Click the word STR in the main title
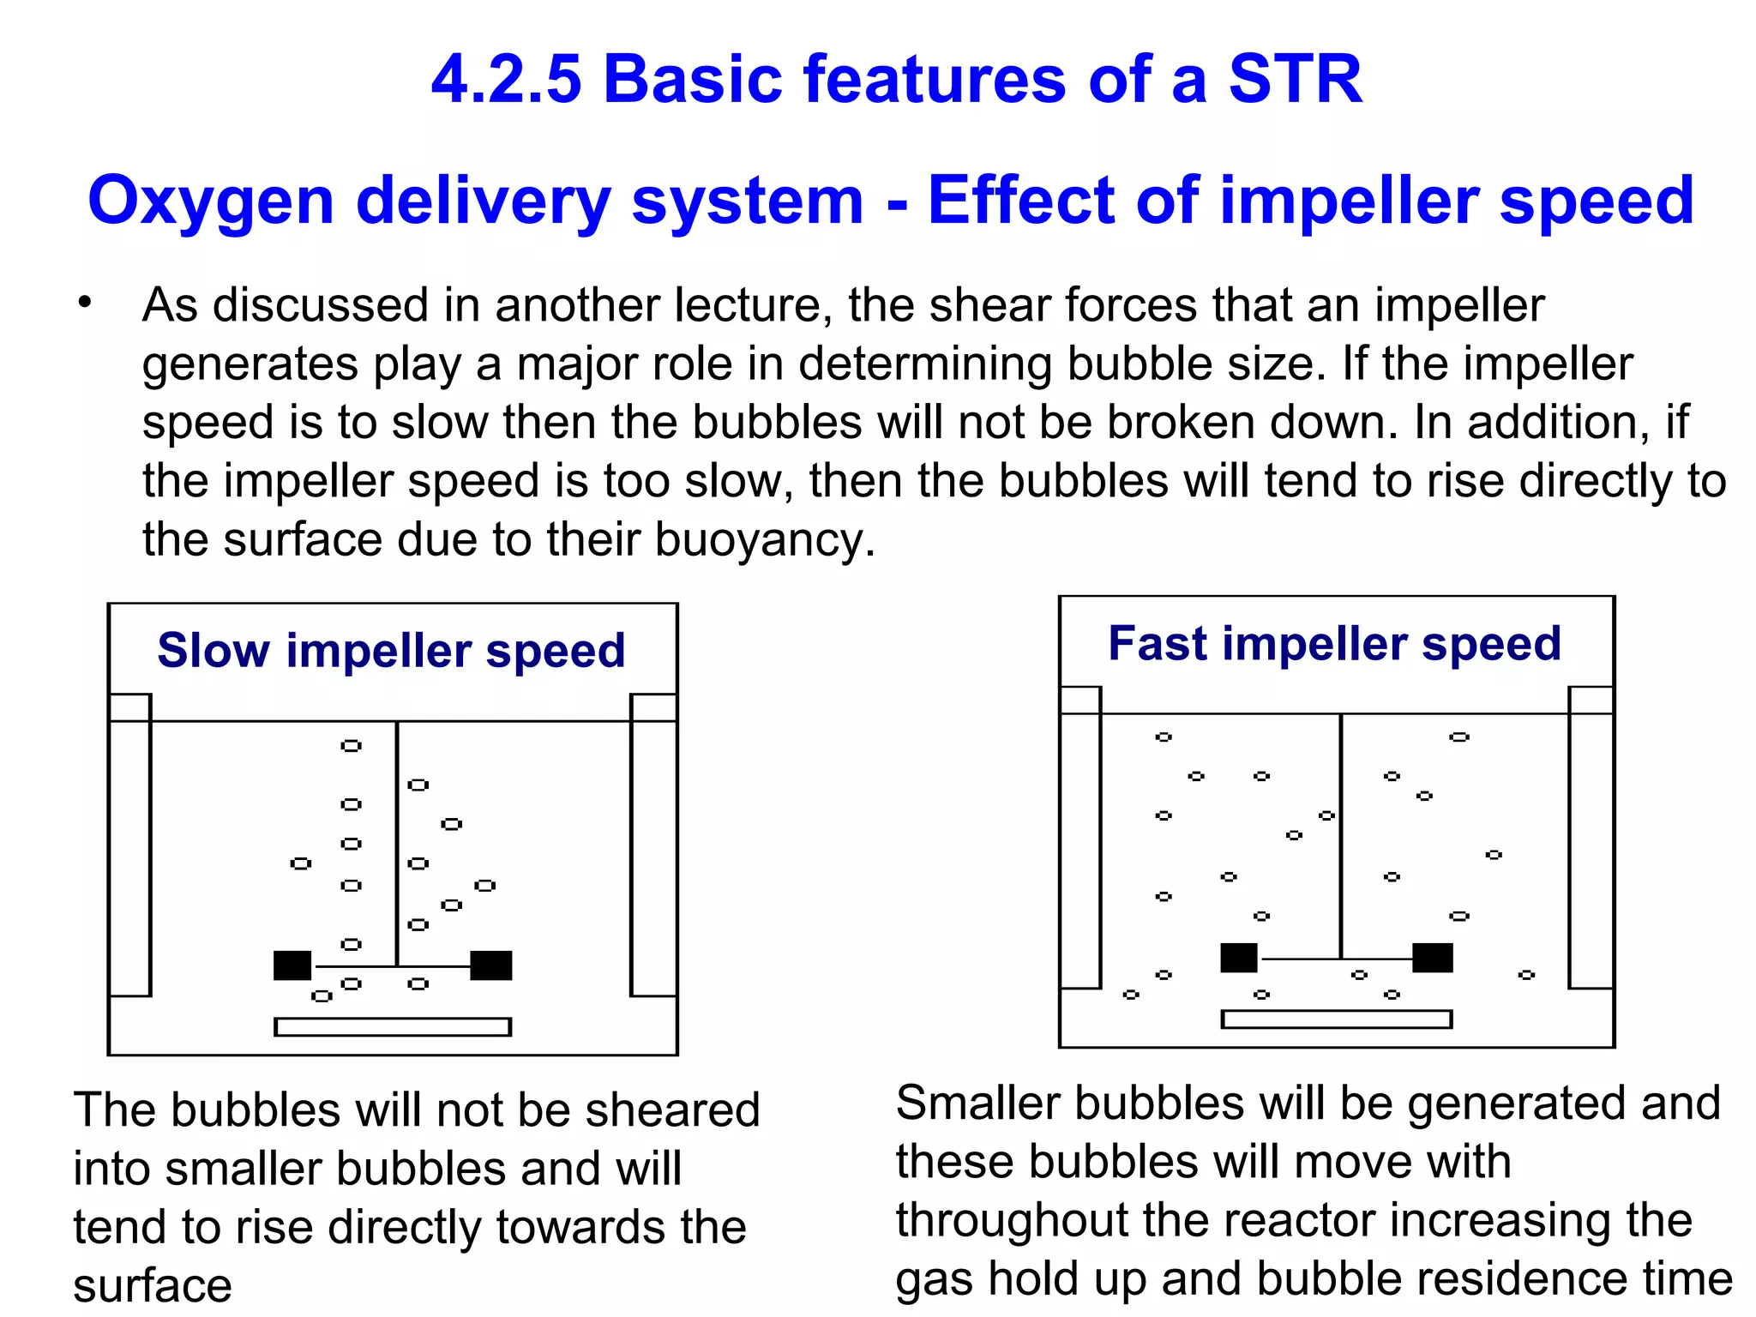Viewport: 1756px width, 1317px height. point(1295,79)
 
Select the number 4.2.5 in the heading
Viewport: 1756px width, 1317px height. point(506,79)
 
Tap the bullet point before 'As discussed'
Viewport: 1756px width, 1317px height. point(83,303)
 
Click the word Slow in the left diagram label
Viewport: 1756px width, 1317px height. point(213,650)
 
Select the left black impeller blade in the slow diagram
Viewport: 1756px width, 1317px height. point(292,965)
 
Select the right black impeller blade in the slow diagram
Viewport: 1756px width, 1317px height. point(491,965)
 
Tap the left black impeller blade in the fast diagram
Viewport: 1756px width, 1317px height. point(1239,958)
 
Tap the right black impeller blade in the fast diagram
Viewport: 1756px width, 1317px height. point(1433,958)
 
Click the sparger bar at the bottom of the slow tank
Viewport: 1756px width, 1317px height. point(393,1026)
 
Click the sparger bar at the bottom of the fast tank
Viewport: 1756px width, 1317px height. point(1337,1019)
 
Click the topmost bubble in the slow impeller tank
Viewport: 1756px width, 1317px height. point(351,746)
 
